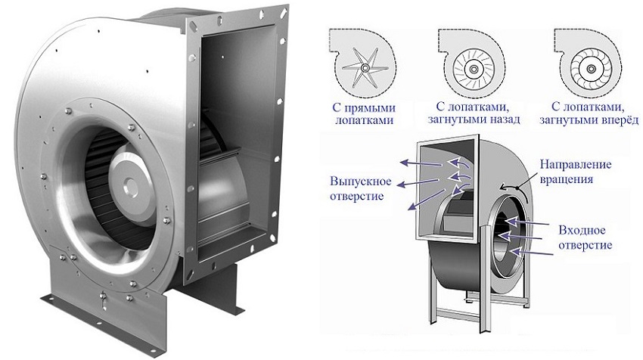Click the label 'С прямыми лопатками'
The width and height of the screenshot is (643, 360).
coord(362,113)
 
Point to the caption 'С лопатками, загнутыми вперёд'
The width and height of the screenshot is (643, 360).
coord(591,113)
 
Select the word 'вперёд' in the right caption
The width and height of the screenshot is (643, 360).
coord(618,120)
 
